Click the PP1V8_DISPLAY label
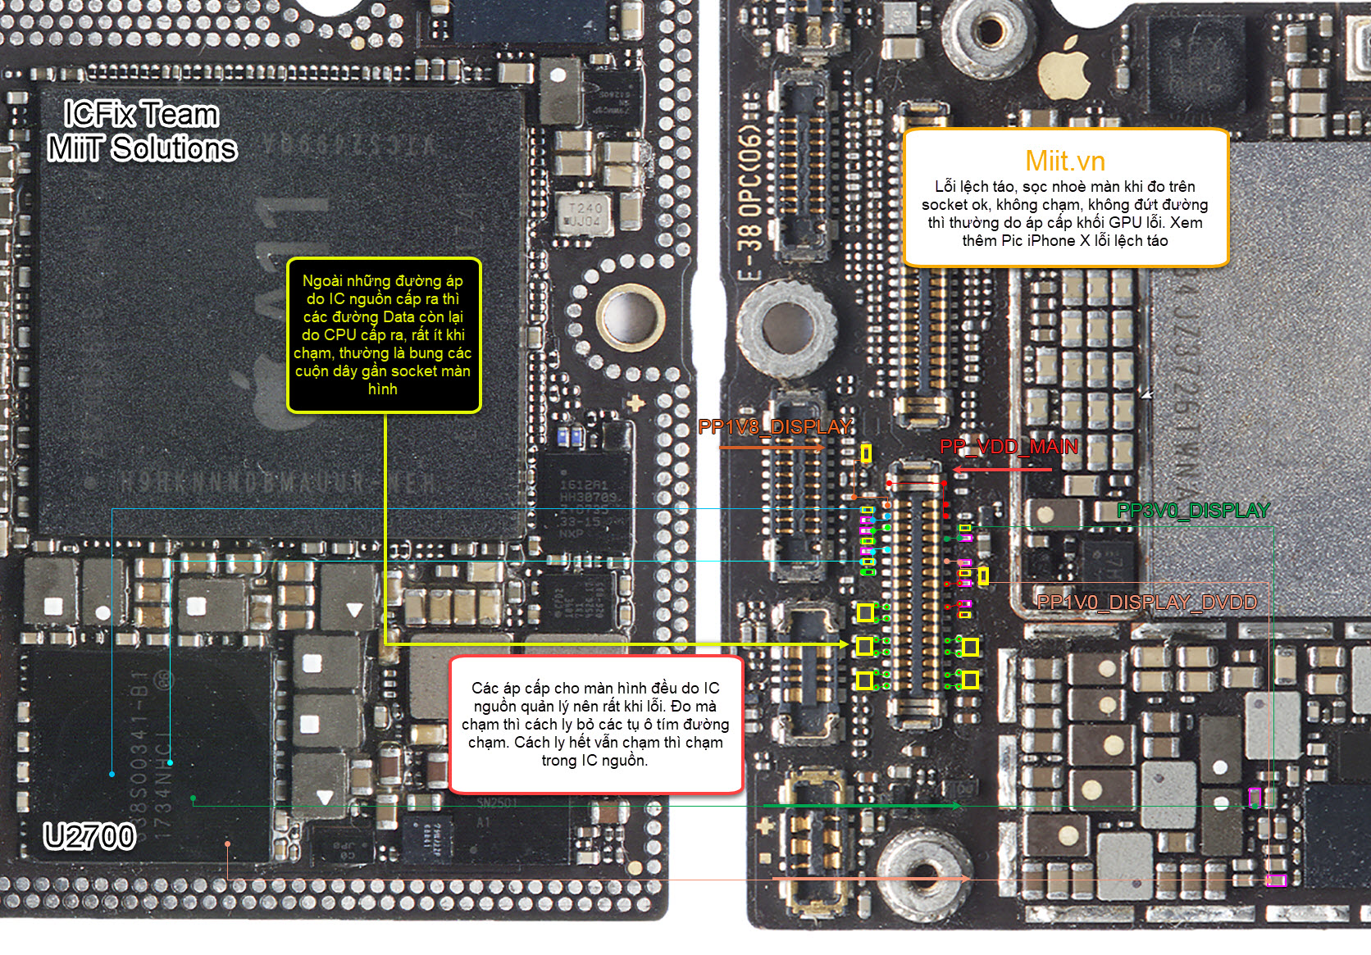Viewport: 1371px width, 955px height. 775,427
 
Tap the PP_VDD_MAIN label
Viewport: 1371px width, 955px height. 1009,447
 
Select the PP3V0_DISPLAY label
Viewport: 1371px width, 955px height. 1193,511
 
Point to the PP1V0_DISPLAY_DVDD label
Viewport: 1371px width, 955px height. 1146,603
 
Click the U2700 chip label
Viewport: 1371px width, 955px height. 89,837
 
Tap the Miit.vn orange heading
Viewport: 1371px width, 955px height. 1065,161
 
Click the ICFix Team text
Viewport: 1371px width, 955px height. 141,114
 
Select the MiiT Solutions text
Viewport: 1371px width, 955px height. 142,148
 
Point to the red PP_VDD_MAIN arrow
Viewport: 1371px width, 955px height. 1002,470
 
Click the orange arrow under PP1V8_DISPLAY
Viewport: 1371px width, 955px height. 771,448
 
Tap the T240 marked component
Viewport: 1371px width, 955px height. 585,214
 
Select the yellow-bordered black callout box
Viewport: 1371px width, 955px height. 383,334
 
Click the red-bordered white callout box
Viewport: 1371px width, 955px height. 595,725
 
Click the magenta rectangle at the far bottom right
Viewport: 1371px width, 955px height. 1276,880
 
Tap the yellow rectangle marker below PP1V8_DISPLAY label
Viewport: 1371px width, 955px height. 866,452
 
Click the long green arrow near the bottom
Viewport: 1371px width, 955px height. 861,807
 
